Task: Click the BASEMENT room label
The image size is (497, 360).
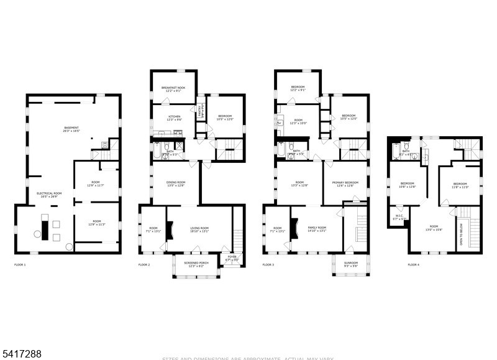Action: point(70,129)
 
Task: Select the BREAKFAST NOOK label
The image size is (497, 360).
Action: point(173,88)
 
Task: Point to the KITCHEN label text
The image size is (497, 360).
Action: point(174,116)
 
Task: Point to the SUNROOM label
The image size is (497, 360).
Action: point(351,263)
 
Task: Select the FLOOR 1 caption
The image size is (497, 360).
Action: point(21,265)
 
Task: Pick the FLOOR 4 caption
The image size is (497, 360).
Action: point(413,265)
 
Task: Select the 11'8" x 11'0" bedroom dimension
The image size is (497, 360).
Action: point(460,187)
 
